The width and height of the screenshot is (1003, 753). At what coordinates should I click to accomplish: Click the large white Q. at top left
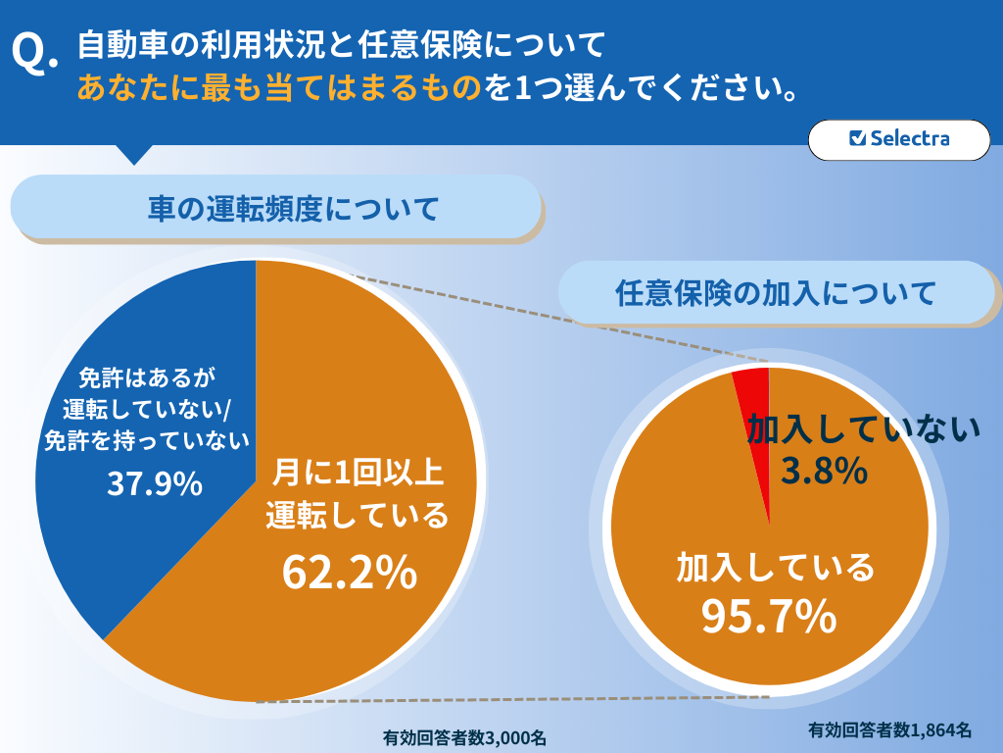tap(35, 55)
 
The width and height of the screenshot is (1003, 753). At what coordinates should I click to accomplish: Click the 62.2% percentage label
tap(350, 573)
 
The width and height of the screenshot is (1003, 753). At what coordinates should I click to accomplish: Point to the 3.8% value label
tap(824, 472)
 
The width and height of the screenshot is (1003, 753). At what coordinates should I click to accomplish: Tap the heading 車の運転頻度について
tap(278, 208)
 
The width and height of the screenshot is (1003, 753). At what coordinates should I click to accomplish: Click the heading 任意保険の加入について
tap(776, 292)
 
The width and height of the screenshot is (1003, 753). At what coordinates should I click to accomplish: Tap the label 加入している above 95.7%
tap(774, 567)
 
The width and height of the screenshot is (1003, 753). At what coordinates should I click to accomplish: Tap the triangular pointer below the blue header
tap(134, 153)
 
